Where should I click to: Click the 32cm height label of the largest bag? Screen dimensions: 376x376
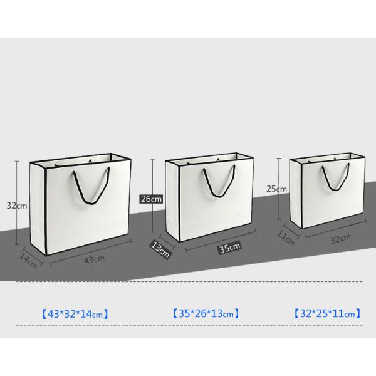click(17, 206)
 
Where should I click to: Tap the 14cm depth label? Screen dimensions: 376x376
click(28, 261)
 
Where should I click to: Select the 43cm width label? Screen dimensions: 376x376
click(94, 259)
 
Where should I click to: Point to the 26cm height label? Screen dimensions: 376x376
click(151, 199)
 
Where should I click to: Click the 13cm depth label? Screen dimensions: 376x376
click(160, 250)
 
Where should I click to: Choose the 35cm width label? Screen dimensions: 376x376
click(230, 248)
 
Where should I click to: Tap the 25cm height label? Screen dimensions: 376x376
click(276, 189)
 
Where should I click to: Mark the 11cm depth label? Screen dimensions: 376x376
click(286, 238)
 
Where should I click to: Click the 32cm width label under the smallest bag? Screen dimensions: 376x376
click(340, 239)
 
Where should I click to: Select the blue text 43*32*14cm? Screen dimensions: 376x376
click(75, 314)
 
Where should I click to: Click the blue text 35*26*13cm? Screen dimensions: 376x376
click(206, 313)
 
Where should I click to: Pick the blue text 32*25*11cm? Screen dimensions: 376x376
click(328, 313)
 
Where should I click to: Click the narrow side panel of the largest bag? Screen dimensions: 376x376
click(38, 208)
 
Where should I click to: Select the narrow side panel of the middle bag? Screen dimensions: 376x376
click(173, 201)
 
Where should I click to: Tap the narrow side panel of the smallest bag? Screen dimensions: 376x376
click(296, 194)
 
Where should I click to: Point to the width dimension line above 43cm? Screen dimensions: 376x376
click(91, 252)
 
